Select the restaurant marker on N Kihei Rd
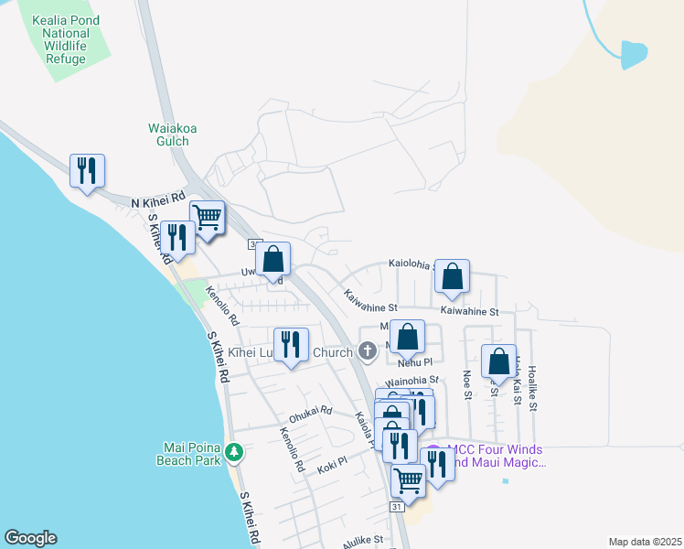(x=87, y=171)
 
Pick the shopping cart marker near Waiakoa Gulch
(x=208, y=219)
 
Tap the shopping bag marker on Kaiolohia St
(x=452, y=276)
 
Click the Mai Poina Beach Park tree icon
(x=235, y=452)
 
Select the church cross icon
(x=367, y=350)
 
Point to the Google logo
(x=30, y=538)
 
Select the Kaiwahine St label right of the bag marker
(x=469, y=312)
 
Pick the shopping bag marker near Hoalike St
(x=498, y=361)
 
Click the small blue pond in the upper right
(x=632, y=54)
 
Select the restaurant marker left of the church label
(x=291, y=345)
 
